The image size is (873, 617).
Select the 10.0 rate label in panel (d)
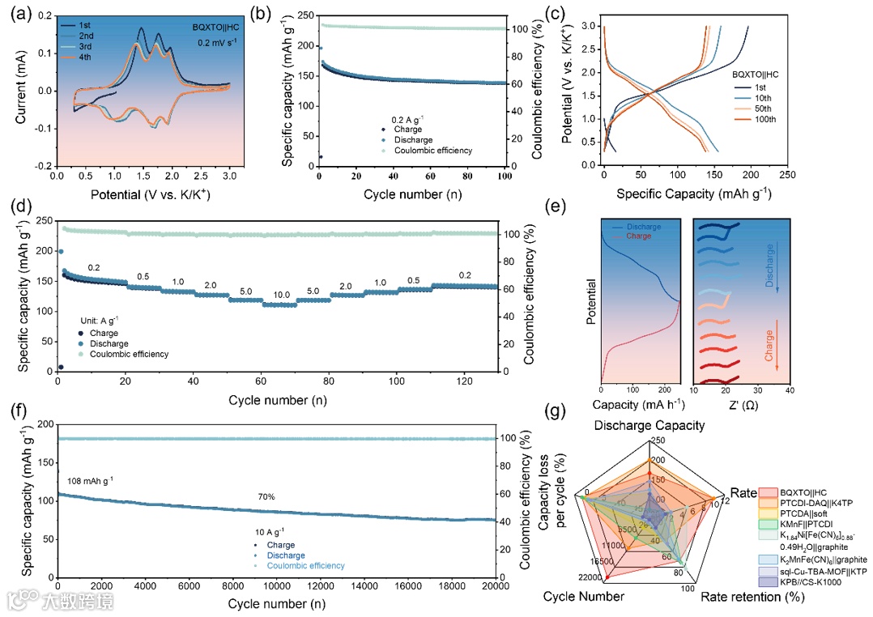tap(282, 295)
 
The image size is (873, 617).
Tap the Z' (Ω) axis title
tap(741, 403)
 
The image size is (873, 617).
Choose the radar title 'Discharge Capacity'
tap(649, 426)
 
